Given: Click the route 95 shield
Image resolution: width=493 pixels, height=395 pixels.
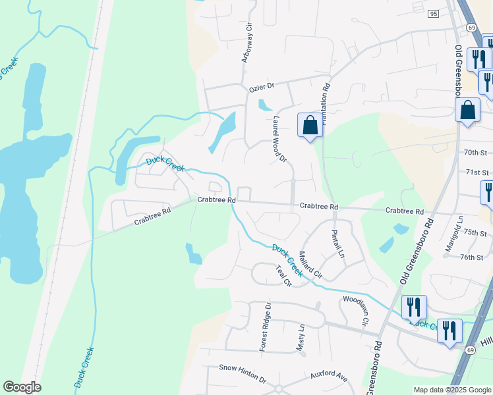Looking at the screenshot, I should point(432,14).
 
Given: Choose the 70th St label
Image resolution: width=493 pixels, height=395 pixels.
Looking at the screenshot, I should point(475,152).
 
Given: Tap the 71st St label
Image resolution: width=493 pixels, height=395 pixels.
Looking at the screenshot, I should point(477,172).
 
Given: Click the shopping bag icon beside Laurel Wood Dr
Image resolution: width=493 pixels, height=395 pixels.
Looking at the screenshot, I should point(310,125).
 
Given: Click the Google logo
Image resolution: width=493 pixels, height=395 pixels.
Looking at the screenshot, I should point(22,387).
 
